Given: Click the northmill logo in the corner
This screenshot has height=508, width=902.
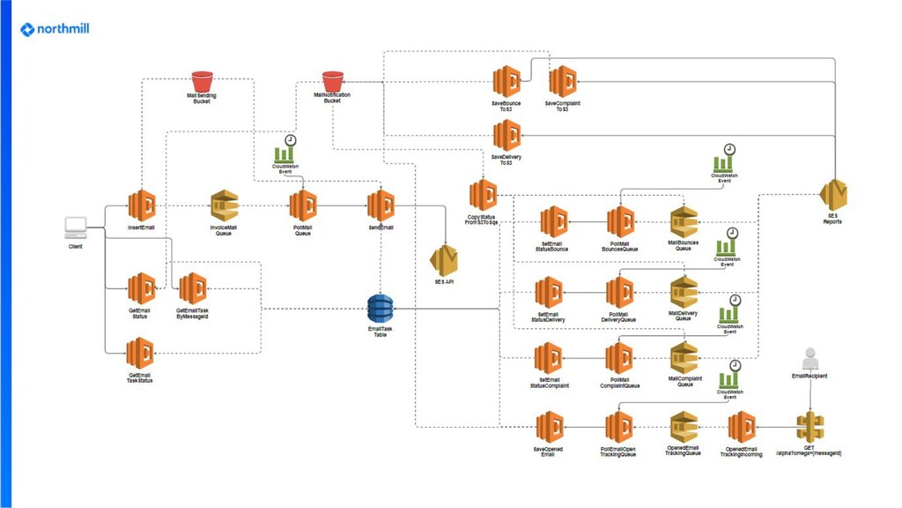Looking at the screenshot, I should pyautogui.click(x=55, y=29).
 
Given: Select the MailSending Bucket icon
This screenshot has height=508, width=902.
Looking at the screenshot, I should pyautogui.click(x=202, y=80).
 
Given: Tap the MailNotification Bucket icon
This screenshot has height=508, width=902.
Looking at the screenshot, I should pyautogui.click(x=332, y=80).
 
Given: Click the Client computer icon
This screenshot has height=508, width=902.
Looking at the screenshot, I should pyautogui.click(x=76, y=228).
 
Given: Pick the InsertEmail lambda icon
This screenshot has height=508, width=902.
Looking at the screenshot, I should pyautogui.click(x=142, y=205).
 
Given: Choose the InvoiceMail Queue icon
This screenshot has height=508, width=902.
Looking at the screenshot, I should pyautogui.click(x=224, y=205).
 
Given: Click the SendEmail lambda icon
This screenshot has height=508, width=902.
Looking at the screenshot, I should pyautogui.click(x=381, y=205).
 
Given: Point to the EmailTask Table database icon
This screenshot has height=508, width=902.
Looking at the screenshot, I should pyautogui.click(x=381, y=308).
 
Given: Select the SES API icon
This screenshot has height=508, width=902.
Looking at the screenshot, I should pyautogui.click(x=444, y=260).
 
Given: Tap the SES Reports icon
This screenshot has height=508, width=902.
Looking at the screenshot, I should pyautogui.click(x=832, y=194).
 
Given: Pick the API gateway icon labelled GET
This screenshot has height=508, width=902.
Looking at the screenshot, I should pyautogui.click(x=810, y=427).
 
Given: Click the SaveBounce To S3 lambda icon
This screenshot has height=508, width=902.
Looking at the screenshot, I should pyautogui.click(x=506, y=82).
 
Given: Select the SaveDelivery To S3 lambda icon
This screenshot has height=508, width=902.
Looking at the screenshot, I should pyautogui.click(x=506, y=137).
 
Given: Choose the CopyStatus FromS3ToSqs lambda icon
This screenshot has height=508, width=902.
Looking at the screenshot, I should pyautogui.click(x=483, y=195).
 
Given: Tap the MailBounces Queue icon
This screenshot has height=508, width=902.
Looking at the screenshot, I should pyautogui.click(x=684, y=222).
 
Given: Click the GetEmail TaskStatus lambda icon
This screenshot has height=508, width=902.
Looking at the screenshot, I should pyautogui.click(x=140, y=354).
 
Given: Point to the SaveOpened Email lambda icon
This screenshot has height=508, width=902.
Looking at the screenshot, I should pyautogui.click(x=550, y=428).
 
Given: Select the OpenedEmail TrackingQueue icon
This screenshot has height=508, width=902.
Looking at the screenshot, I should pyautogui.click(x=684, y=427).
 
